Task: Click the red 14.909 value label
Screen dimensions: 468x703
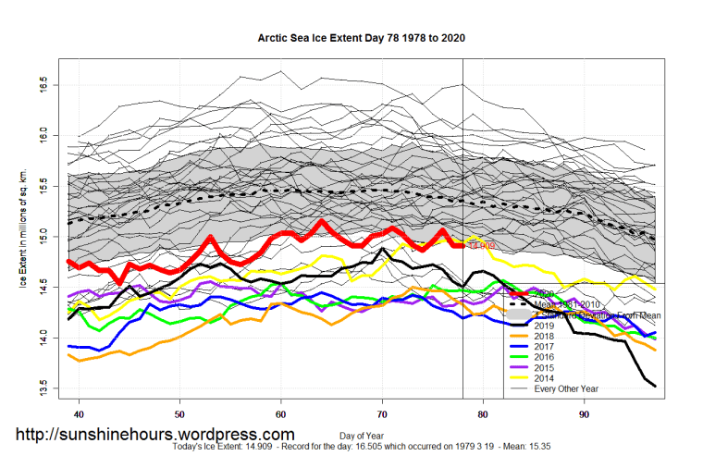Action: point(481,246)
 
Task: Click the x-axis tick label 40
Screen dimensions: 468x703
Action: point(79,414)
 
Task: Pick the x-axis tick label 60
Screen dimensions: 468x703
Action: point(281,414)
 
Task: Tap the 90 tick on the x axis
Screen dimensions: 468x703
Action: point(584,414)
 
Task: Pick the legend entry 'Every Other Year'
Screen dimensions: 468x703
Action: point(565,388)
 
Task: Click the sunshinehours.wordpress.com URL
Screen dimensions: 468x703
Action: point(154,435)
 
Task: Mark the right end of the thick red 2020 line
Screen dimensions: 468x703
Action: point(462,245)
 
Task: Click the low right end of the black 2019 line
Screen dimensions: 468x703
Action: point(655,386)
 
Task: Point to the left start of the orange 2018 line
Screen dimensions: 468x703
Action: point(69,354)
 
